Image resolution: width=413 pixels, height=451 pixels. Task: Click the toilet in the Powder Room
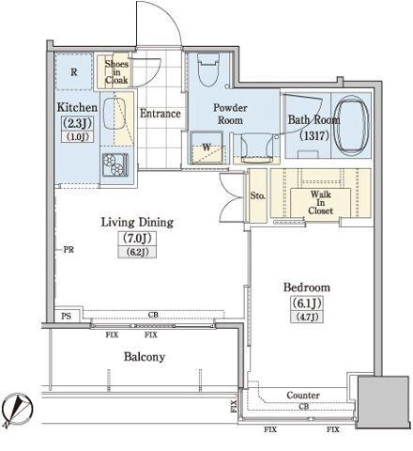tap(208, 70)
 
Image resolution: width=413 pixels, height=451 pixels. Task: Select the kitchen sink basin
tap(115, 114)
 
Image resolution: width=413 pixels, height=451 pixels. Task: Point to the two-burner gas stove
tap(115, 164)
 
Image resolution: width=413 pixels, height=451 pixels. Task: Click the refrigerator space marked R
tap(74, 72)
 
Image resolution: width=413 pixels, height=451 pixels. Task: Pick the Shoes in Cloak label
tap(116, 72)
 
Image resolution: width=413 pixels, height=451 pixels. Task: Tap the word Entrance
tap(161, 113)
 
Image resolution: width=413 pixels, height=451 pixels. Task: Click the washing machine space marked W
tap(206, 148)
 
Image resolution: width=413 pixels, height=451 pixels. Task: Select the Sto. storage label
tap(258, 196)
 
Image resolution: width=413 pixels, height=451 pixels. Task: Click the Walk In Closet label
tap(320, 202)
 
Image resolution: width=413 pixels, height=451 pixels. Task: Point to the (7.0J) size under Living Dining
tap(137, 239)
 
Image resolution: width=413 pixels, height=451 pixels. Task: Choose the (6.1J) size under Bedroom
tap(307, 303)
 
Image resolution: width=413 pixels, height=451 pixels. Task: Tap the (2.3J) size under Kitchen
tap(77, 123)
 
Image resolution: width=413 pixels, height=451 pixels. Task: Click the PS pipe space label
tap(66, 316)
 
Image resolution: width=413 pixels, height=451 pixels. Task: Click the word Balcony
tap(145, 356)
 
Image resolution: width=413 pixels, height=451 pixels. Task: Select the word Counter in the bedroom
tap(303, 396)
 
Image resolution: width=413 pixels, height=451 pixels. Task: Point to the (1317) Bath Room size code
tap(314, 135)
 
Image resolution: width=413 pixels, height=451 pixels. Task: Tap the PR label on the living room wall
tap(69, 250)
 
